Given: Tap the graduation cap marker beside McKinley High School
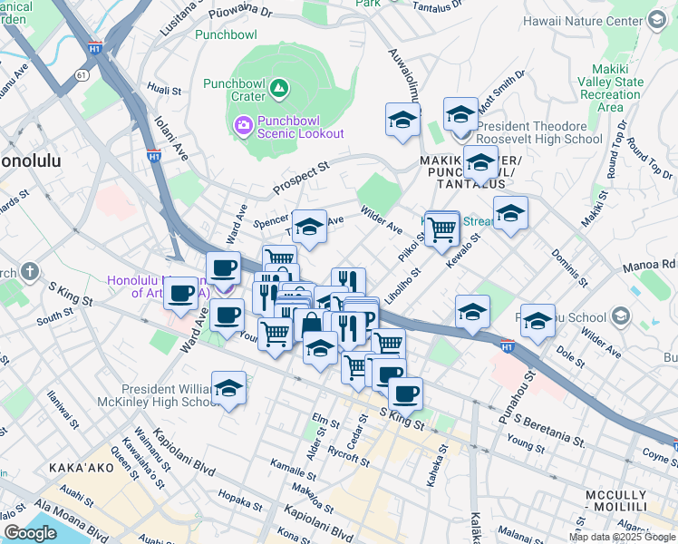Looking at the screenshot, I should click(x=229, y=388).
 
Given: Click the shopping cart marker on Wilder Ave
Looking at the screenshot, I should click(x=441, y=228).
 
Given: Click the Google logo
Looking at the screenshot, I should click(x=30, y=533).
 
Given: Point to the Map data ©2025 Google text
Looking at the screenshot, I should click(x=623, y=537).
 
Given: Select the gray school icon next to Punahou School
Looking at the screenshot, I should click(x=621, y=316).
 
